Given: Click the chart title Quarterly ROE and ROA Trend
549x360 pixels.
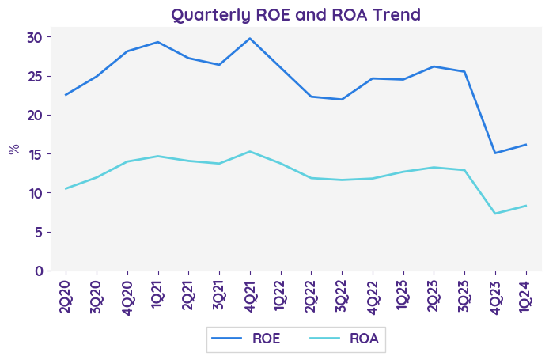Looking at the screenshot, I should pos(296,14).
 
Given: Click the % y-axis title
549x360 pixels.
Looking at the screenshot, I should pos(13,149).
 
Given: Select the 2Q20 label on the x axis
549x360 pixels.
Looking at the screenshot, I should pos(65,294).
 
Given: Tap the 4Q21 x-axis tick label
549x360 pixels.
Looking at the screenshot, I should pos(250,294).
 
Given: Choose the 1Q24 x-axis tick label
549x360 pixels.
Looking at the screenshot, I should pos(526,294).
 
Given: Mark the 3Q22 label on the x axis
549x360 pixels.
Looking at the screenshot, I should pos(342,294).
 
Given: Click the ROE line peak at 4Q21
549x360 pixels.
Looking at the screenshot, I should pos(250,38).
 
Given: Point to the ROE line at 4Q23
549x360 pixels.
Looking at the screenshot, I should pos(495,153).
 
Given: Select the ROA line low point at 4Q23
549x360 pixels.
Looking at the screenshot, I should pos(495,214).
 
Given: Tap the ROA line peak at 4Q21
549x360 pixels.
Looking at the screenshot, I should pos(250,151).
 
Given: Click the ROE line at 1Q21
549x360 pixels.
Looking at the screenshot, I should pos(157,42).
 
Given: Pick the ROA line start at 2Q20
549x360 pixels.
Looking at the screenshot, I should pos(65,188).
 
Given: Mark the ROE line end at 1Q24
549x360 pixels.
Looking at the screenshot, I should pos(526,145).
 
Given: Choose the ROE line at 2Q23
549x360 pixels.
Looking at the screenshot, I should pos(434,66).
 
